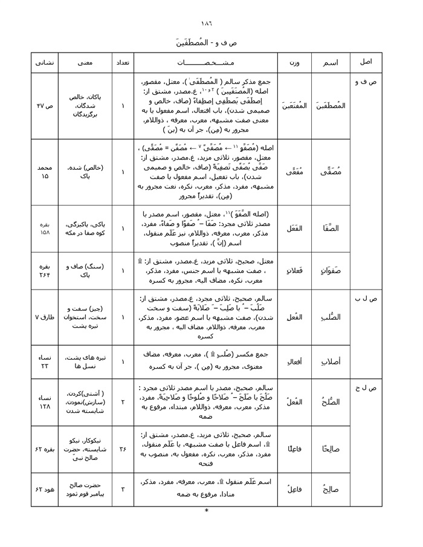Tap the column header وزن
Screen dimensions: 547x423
pyautogui.click(x=294, y=62)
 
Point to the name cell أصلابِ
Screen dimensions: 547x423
pyautogui.click(x=330, y=361)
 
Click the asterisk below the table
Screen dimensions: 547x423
pyautogui.click(x=207, y=511)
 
